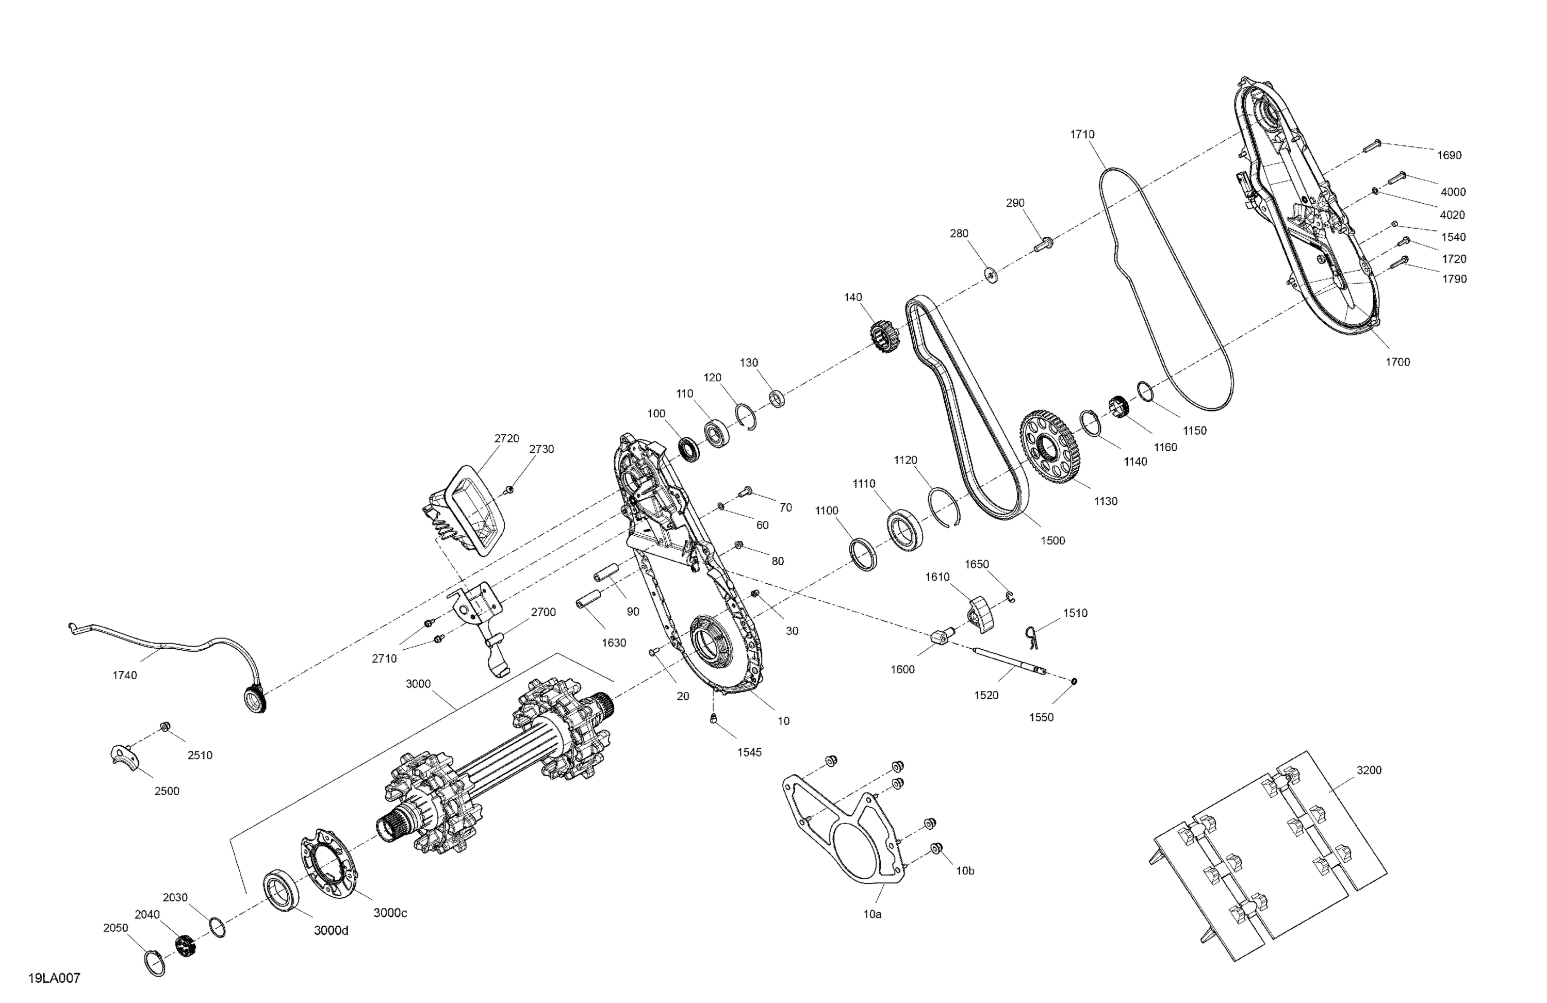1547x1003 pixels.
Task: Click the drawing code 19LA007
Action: coord(54,978)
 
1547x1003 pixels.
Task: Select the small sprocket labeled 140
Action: coord(883,337)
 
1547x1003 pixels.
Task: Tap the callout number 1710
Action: coord(1082,135)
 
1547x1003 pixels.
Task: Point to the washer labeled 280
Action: coord(991,275)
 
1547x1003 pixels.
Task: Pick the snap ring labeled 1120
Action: coord(944,505)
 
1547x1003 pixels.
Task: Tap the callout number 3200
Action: coord(1369,770)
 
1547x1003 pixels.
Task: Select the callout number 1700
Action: coord(1397,362)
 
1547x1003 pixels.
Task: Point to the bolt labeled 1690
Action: coord(1370,146)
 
